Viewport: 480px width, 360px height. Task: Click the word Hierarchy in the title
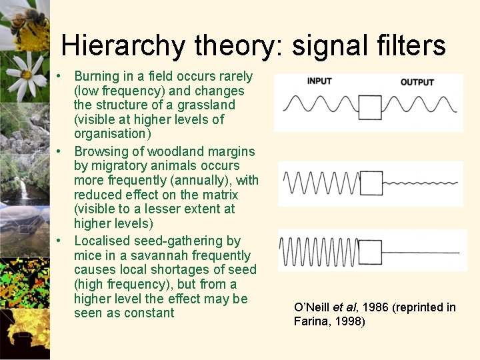(x=124, y=45)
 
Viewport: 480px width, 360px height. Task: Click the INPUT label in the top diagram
(x=319, y=81)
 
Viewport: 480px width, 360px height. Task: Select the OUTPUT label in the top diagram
(x=417, y=82)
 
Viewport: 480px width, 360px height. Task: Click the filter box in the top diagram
(x=370, y=106)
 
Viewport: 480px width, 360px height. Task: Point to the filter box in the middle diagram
(x=371, y=182)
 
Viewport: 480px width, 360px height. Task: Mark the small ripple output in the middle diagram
(x=420, y=181)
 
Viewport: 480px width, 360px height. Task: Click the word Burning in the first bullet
(x=97, y=76)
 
